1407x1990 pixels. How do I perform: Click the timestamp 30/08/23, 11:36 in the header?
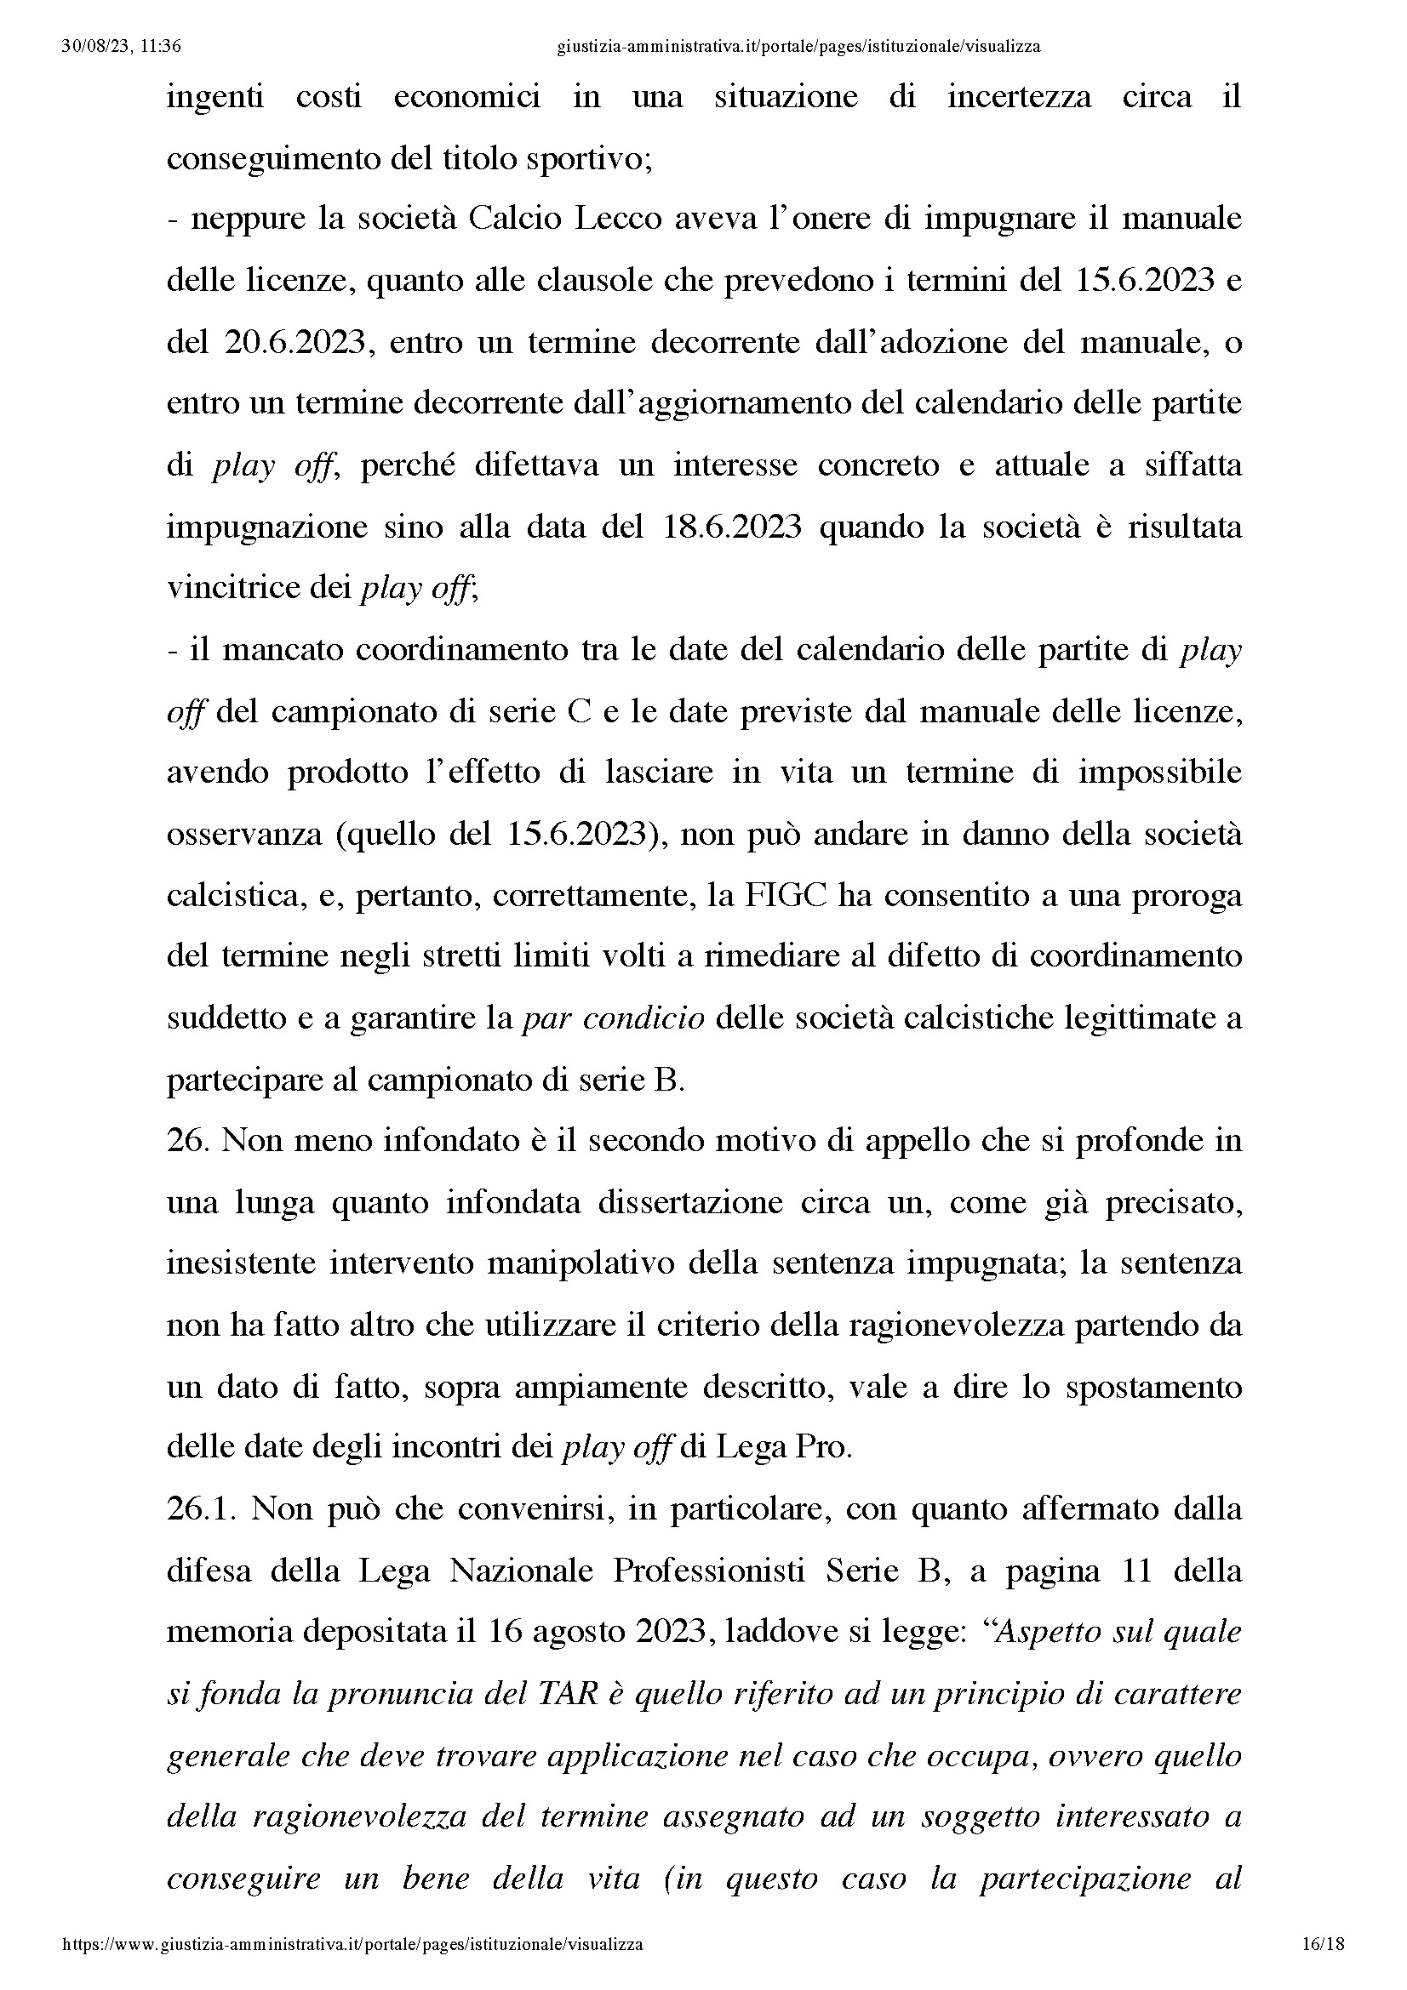pyautogui.click(x=122, y=47)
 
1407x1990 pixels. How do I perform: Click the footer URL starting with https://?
pyautogui.click(x=353, y=1944)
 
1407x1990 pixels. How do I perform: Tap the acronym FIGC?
pyautogui.click(x=787, y=894)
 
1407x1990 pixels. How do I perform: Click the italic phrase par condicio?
pyautogui.click(x=613, y=1018)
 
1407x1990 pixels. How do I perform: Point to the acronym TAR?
pyautogui.click(x=570, y=1694)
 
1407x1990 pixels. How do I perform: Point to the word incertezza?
pyautogui.click(x=1019, y=96)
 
